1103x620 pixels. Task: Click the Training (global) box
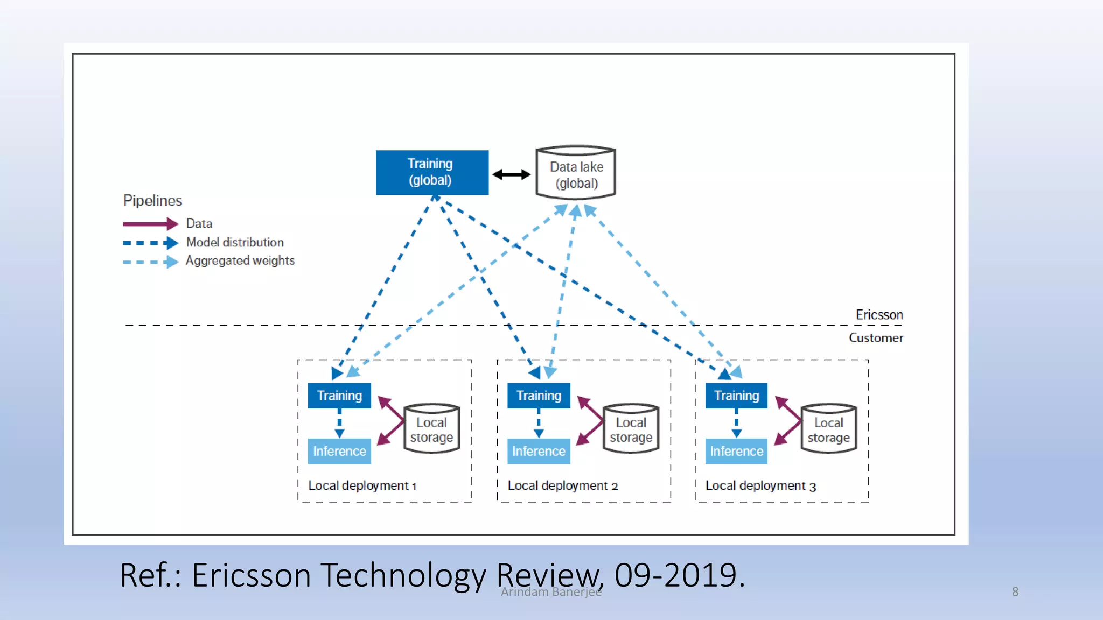pos(432,172)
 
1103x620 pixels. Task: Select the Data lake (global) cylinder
pos(576,173)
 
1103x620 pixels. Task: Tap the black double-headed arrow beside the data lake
pos(511,174)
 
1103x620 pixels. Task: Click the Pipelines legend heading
pos(152,201)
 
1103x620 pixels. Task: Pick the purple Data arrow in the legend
pos(150,223)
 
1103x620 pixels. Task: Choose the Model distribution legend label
pos(235,242)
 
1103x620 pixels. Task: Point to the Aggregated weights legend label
pos(240,260)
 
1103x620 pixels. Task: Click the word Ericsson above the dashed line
pos(879,315)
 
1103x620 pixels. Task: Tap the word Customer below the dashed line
pos(876,338)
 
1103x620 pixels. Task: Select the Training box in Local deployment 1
pos(339,396)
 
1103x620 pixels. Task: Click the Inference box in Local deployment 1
pos(339,451)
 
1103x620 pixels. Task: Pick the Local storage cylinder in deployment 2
pos(631,429)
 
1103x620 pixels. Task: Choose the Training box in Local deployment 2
pos(539,396)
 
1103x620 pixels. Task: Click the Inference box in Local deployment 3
pos(736,451)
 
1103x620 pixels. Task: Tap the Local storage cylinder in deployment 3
pos(828,429)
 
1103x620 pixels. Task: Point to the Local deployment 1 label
pos(362,485)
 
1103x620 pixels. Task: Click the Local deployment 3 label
pos(760,485)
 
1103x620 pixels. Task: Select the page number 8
pos(1015,591)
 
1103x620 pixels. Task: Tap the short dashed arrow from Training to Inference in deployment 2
pos(539,423)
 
